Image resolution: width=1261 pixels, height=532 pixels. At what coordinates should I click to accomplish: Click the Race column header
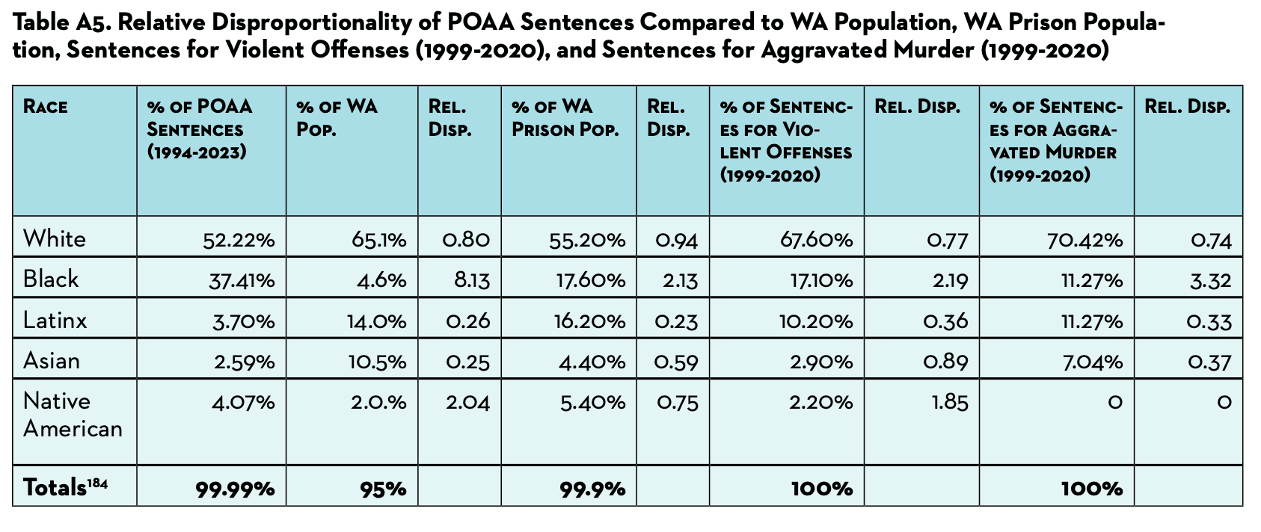tap(46, 107)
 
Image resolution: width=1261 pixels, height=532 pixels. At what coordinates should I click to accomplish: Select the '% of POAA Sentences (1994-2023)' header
tap(200, 129)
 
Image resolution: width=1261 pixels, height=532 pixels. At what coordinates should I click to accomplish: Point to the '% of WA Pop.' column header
tap(337, 118)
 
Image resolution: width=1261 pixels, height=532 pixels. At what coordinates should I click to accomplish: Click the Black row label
tap(51, 279)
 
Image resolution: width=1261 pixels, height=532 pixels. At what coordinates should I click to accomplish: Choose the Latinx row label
tap(55, 321)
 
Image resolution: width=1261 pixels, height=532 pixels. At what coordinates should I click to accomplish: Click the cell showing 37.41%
tap(239, 280)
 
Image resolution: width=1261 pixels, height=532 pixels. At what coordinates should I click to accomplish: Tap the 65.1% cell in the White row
tap(378, 240)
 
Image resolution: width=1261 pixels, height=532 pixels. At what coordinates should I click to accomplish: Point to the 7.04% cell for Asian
tap(1095, 362)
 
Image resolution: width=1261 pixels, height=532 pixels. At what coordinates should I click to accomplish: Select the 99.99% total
tap(235, 489)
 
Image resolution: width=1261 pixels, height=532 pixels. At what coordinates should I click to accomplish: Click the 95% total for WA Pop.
tap(384, 489)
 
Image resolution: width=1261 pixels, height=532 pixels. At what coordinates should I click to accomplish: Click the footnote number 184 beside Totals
tap(98, 483)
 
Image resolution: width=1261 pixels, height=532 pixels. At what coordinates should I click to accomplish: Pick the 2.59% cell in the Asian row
tap(244, 362)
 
